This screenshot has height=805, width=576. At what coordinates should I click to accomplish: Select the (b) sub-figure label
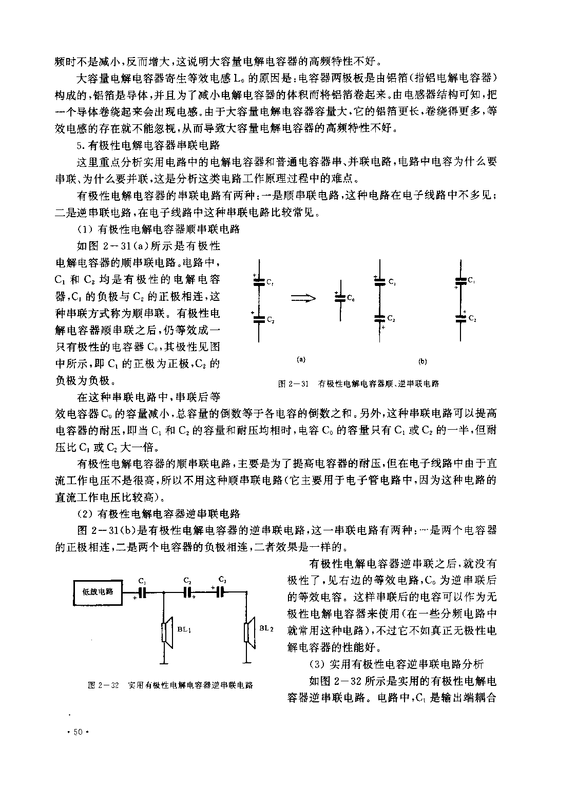pos(423,361)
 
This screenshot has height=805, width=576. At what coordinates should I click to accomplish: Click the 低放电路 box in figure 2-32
pos(98,591)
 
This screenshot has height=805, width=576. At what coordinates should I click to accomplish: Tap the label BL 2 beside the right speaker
pos(266,628)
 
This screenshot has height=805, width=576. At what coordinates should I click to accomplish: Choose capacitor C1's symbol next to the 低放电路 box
pos(142,592)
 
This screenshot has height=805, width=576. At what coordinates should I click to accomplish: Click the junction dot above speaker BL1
pos(164,592)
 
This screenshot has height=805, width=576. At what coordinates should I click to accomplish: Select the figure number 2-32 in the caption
pos(109,685)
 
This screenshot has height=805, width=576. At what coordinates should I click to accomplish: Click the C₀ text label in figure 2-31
pos(350,297)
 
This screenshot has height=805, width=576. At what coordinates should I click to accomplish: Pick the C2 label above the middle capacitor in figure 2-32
pos(187,581)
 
